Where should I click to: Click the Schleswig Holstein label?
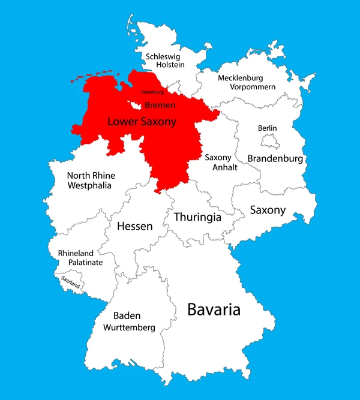pos(164,61)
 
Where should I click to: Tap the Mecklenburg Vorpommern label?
pos(247,82)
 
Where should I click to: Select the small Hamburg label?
pos(152,92)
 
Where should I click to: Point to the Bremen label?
pos(161,106)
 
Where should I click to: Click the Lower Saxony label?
pos(142,122)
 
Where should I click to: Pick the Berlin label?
pos(267,128)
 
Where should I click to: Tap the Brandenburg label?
pos(275,159)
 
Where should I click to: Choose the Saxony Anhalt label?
pos(221,163)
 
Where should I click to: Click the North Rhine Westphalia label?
pos(91,181)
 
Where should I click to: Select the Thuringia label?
pos(197,217)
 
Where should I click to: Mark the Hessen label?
pos(134,226)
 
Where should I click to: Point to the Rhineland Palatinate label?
pos(80,258)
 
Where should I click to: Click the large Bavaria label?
pos(214,310)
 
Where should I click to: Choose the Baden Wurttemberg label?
pos(129,321)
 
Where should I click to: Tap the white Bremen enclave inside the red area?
pos(136,106)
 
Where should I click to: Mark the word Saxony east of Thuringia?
pos(268,210)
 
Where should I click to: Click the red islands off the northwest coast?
pos(96,77)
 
